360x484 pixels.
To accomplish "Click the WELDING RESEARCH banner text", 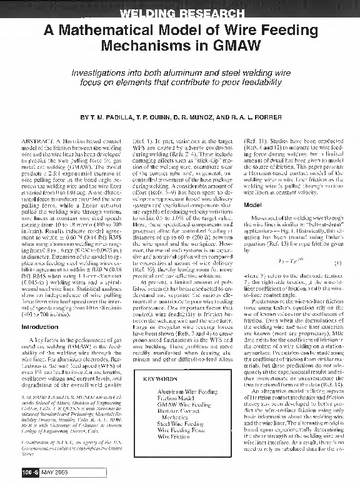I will pyautogui.click(x=179, y=14).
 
